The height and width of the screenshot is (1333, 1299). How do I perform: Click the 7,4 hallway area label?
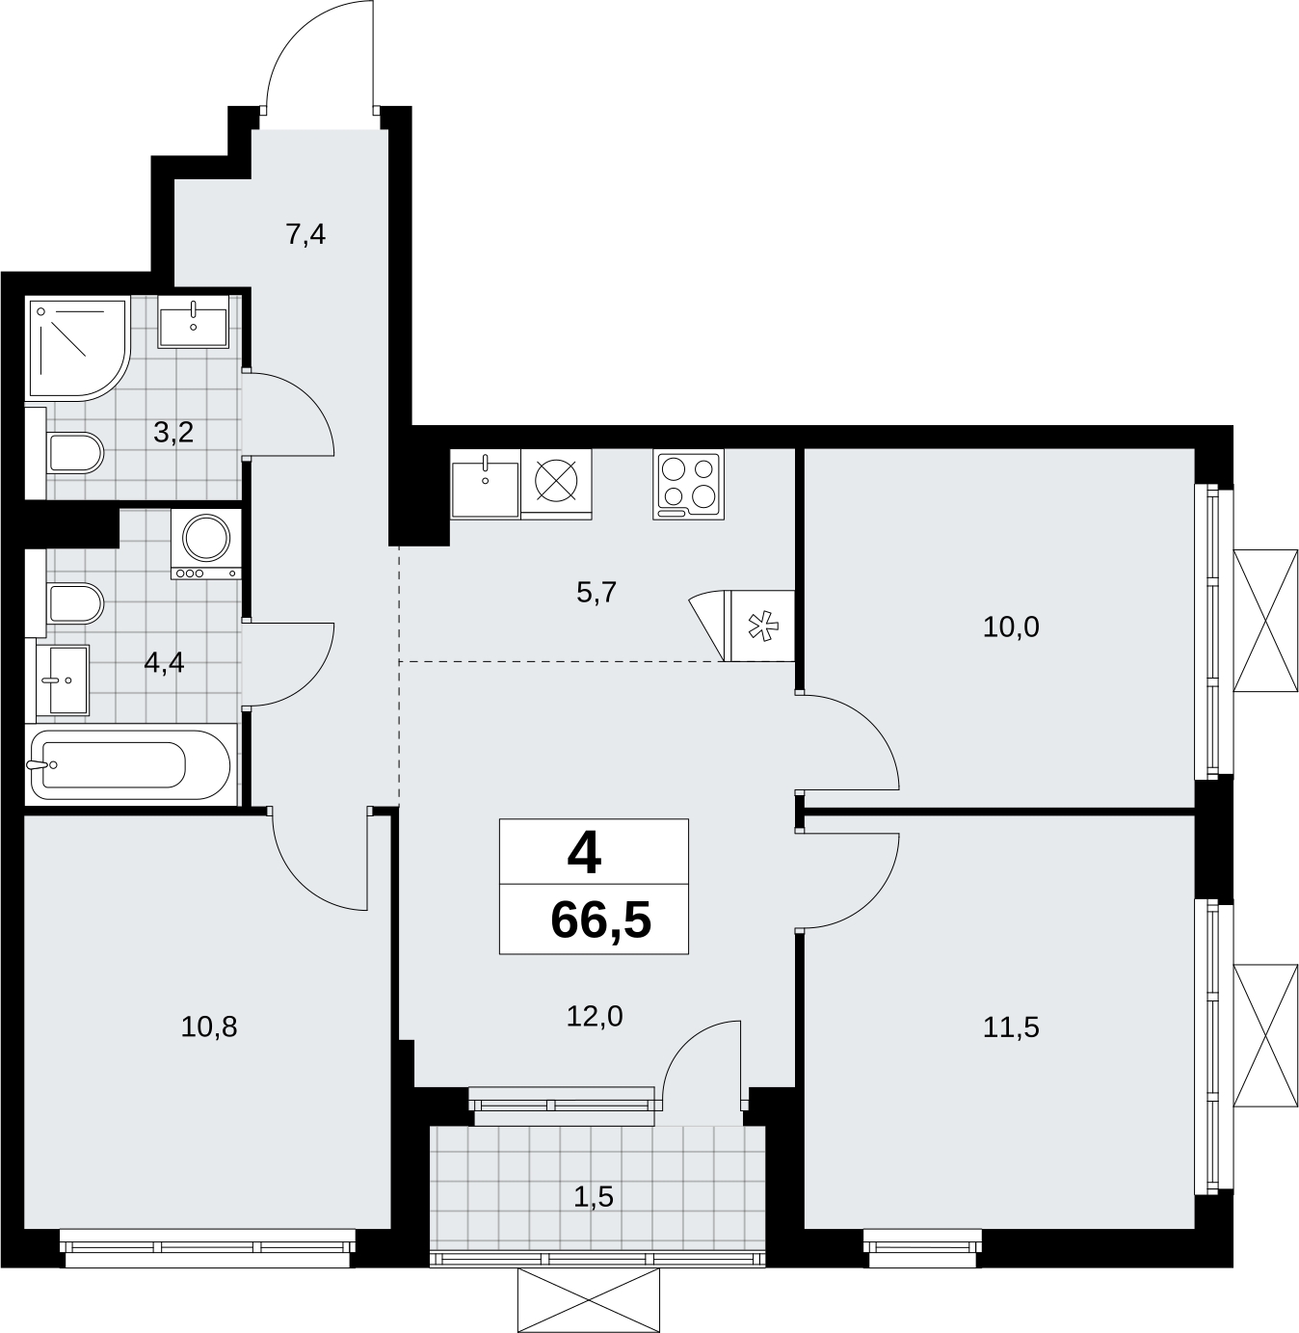(x=305, y=235)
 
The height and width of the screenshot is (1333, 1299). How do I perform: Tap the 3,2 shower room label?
(x=173, y=432)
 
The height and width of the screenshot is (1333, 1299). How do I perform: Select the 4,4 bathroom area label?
(x=165, y=662)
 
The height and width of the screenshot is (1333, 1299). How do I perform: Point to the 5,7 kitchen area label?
(x=597, y=592)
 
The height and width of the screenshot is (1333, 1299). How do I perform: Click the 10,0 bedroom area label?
(x=1011, y=627)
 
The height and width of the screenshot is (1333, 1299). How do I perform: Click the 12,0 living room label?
(x=595, y=1016)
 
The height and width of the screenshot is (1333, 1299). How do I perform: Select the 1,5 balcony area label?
(x=594, y=1197)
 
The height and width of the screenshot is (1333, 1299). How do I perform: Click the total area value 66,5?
(x=600, y=920)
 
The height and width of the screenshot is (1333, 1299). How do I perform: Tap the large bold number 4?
(x=584, y=854)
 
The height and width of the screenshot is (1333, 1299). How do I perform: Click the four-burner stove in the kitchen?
(x=688, y=484)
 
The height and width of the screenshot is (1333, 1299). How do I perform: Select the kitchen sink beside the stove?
(x=486, y=484)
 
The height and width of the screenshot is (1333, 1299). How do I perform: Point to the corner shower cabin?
(x=77, y=349)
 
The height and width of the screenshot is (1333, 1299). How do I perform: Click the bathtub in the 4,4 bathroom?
(x=131, y=764)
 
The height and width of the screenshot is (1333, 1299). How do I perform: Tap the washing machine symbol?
(x=206, y=545)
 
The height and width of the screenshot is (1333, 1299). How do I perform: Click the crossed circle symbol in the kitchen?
(x=556, y=479)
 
